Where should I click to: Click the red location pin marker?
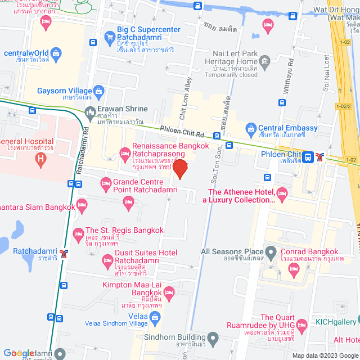pyautogui.click(x=180, y=168)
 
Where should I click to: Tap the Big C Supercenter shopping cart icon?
pyautogui.click(x=109, y=37)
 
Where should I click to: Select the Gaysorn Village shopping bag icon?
pyautogui.click(x=99, y=91)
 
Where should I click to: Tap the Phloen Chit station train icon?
pyautogui.click(x=308, y=157)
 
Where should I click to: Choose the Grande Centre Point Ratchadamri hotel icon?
pyautogui.click(x=105, y=183)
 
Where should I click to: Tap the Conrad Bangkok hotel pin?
pyautogui.click(x=292, y=269)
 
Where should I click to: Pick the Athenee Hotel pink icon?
pyautogui.click(x=282, y=195)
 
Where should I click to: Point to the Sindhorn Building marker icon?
pyautogui.click(x=212, y=339)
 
